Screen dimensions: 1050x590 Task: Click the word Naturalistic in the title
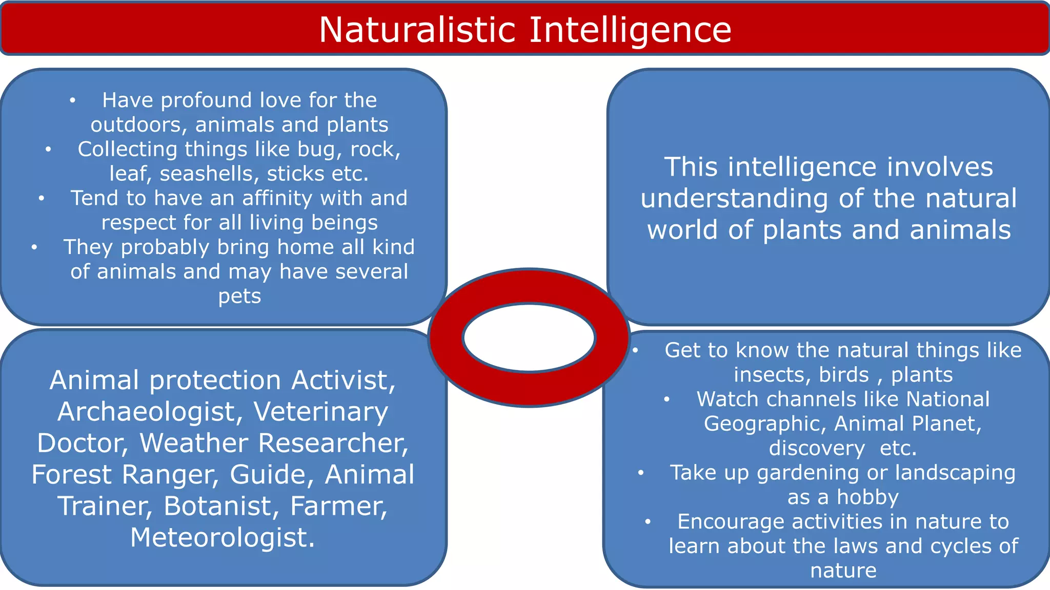(x=417, y=30)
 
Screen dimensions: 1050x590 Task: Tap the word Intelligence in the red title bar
(x=630, y=30)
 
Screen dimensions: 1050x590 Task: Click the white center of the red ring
(x=529, y=338)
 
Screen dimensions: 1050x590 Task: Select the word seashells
(x=210, y=174)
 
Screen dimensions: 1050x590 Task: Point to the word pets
(x=239, y=297)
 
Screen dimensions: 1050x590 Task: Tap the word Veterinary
(x=321, y=412)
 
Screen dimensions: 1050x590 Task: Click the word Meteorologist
(x=223, y=538)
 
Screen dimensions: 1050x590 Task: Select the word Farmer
(x=339, y=506)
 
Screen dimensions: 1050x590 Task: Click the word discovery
(x=817, y=449)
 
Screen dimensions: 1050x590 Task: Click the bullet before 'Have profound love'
(x=73, y=100)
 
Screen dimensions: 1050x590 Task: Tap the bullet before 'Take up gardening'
(x=641, y=473)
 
